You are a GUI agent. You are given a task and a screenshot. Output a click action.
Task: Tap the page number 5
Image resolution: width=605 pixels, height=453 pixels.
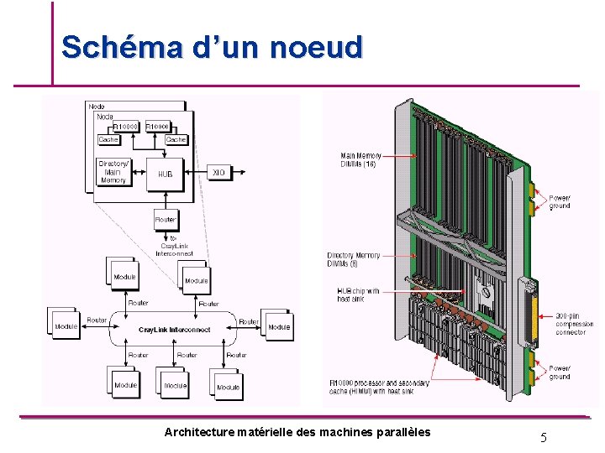[x=544, y=436]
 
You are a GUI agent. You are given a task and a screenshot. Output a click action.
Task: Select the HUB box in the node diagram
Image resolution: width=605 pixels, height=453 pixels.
[x=166, y=174]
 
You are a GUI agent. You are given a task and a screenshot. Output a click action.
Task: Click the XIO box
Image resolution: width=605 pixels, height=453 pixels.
[x=218, y=172]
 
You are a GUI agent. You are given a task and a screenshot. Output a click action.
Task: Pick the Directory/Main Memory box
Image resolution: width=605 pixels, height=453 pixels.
[x=113, y=172]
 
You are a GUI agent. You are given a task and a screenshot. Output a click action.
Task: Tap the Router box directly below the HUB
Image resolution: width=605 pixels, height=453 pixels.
[x=166, y=220]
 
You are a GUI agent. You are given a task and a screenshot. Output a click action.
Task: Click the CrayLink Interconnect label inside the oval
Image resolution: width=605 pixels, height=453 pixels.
[x=175, y=330]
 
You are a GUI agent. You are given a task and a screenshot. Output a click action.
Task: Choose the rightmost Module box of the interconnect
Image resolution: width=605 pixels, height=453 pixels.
[x=279, y=326]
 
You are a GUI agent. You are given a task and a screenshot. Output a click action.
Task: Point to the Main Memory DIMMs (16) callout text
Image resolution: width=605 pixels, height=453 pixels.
[x=361, y=159]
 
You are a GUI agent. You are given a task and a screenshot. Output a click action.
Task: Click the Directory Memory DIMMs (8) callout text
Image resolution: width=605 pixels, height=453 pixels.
[x=354, y=259]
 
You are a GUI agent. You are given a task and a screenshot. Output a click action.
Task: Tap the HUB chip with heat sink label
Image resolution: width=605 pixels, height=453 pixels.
[x=358, y=295]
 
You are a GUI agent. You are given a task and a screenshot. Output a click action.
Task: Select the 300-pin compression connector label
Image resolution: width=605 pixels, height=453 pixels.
[x=575, y=324]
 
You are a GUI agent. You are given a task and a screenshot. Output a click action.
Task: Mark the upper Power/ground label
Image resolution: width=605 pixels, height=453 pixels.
[x=560, y=201]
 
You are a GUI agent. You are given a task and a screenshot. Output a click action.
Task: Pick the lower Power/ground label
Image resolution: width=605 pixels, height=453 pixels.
[x=560, y=372]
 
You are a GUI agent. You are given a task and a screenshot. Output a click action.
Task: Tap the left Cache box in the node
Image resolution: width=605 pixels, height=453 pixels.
[x=108, y=139]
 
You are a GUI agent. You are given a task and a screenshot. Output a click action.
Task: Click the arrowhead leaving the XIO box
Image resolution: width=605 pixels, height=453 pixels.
[x=243, y=172]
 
